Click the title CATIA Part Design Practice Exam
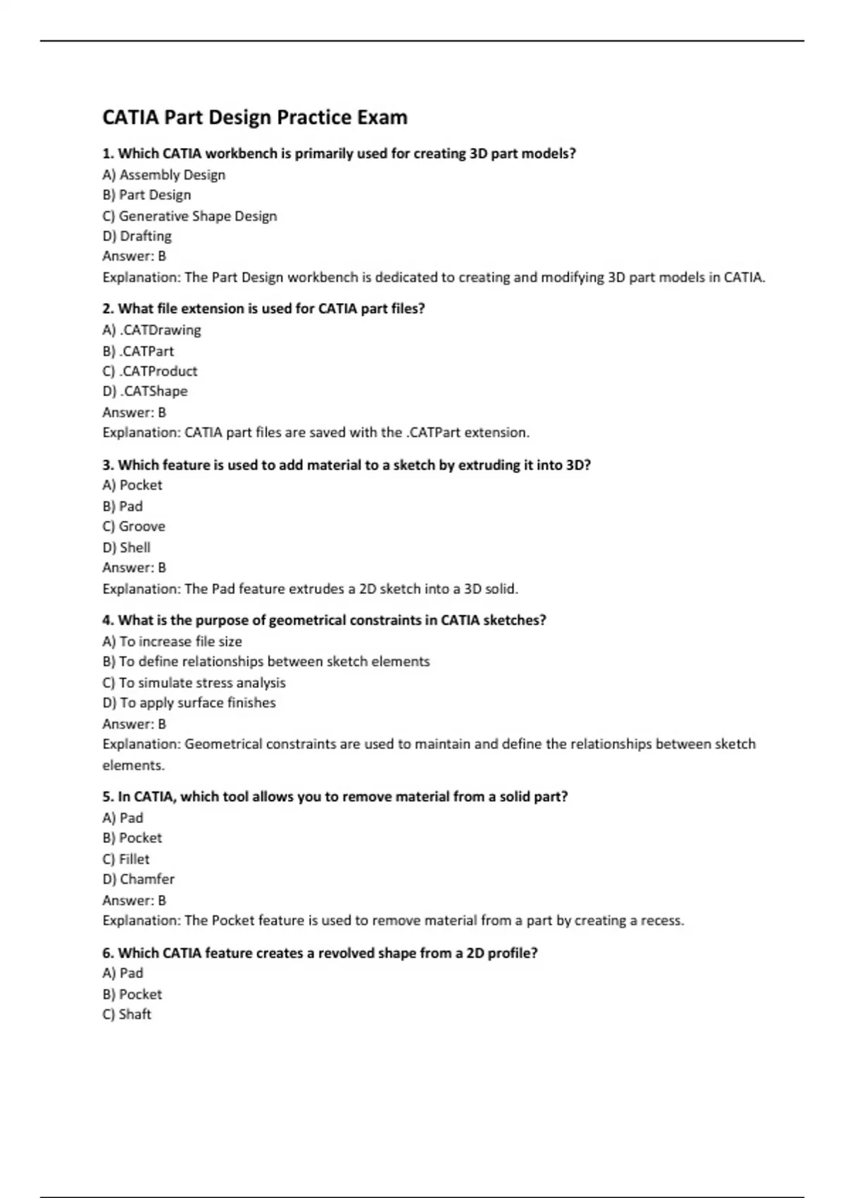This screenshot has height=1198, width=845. click(255, 117)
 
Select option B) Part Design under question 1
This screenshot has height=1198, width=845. click(146, 195)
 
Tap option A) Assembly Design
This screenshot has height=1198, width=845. click(163, 175)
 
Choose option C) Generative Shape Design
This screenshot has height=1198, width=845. click(189, 216)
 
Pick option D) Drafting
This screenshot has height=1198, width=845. click(137, 236)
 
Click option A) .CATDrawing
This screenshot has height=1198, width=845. click(151, 330)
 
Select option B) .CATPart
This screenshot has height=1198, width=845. click(138, 351)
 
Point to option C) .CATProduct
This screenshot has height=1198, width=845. click(150, 371)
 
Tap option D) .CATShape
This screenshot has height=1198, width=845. click(145, 391)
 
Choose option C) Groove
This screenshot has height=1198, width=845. click(134, 526)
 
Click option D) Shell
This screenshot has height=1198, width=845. click(127, 548)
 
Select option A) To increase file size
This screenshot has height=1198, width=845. click(172, 641)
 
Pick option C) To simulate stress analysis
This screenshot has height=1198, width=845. click(194, 683)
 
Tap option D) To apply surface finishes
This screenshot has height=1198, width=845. click(189, 703)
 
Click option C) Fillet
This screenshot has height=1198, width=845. click(126, 859)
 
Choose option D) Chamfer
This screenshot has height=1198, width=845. click(139, 879)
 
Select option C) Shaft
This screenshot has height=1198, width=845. click(127, 1014)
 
